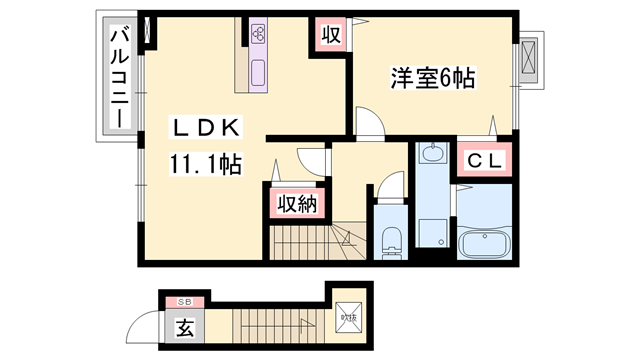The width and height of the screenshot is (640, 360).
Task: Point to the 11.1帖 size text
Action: (207, 163)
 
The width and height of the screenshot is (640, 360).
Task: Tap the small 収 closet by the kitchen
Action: (331, 35)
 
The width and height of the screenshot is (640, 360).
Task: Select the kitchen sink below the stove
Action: (259, 73)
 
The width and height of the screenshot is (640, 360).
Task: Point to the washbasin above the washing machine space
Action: (432, 155)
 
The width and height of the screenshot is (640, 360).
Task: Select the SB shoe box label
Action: (184, 302)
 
